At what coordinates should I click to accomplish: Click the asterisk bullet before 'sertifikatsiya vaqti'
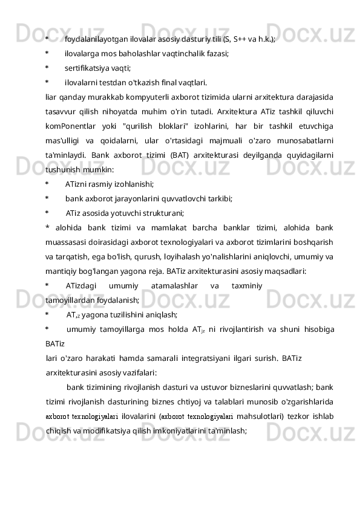(x=47, y=67)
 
